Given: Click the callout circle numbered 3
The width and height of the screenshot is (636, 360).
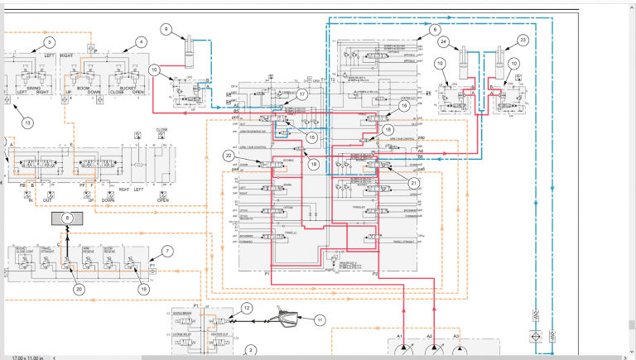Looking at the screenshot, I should [50, 41].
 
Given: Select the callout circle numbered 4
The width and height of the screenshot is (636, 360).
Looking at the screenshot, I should [141, 41].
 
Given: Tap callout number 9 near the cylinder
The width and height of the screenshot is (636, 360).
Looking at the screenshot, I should [166, 30].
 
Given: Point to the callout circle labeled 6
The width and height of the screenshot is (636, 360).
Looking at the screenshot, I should [435, 30].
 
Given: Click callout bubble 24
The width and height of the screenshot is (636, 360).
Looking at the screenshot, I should [445, 41].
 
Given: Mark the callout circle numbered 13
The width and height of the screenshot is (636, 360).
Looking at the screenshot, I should [27, 123].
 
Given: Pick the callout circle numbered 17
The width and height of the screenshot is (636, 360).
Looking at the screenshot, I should [302, 94].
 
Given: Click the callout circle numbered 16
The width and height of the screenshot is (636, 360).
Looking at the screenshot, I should [405, 105].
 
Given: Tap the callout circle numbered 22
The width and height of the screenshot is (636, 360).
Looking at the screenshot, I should [229, 156].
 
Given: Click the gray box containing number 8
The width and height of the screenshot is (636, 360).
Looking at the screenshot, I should [69, 218].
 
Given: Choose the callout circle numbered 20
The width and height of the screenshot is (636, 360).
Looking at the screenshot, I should [79, 289].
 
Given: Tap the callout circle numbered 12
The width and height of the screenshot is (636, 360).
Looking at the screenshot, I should [246, 308].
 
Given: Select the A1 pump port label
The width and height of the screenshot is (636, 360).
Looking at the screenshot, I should [400, 336].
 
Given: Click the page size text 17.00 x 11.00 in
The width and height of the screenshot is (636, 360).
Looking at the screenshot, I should [27, 357].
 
